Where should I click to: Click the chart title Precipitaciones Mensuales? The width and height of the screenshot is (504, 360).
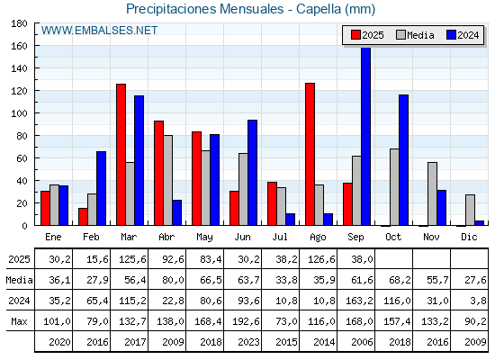coord(205,9)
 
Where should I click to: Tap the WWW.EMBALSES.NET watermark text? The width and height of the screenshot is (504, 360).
coord(99,31)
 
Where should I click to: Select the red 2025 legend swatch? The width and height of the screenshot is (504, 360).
coord(355,35)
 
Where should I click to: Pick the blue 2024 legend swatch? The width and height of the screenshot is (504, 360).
coord(451,35)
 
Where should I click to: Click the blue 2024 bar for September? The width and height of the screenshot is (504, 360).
coord(365,136)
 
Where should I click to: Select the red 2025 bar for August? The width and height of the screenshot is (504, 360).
coord(310,154)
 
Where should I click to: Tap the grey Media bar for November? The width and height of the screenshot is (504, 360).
coord(432,193)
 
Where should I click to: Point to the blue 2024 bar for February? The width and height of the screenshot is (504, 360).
coord(101,188)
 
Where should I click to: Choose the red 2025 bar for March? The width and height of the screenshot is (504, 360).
coord(121,155)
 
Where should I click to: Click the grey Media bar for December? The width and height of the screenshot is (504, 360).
coord(470,210)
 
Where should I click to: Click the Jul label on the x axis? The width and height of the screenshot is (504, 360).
coord(280,237)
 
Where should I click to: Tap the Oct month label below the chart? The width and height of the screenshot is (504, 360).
coord(393,237)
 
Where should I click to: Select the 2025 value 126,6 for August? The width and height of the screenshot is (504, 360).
coord(321,259)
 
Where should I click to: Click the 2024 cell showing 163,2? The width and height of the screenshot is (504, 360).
coord(359,301)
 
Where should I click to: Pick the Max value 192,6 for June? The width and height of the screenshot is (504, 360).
coord(246,321)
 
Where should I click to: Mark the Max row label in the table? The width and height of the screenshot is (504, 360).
coord(19,321)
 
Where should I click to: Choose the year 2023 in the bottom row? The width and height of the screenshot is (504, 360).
coord(248,342)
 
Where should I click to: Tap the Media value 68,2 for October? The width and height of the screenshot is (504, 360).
coord(400,280)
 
